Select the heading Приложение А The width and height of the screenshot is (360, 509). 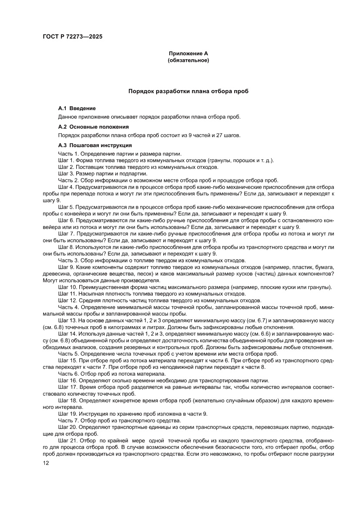(188, 54)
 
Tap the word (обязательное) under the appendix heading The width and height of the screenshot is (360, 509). (188, 61)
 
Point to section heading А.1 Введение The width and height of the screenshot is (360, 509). (77, 108)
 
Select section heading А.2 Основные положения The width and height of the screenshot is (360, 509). (93, 127)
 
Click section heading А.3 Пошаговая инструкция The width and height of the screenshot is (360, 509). (95, 145)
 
